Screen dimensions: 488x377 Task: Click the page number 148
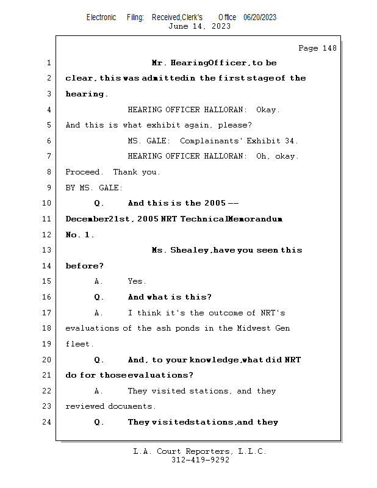pos(329,48)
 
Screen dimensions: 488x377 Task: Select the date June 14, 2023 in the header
pos(199,26)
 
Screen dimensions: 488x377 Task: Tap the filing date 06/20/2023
pos(260,18)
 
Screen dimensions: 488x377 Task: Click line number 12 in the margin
pos(48,235)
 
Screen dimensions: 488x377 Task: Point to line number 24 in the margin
pos(48,422)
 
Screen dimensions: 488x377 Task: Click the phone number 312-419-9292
pos(200,460)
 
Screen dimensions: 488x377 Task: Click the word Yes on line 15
pos(137,282)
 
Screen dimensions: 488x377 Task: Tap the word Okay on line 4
pos(267,110)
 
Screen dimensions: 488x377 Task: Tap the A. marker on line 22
pos(99,391)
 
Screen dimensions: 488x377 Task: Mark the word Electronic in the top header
pos(101,18)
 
